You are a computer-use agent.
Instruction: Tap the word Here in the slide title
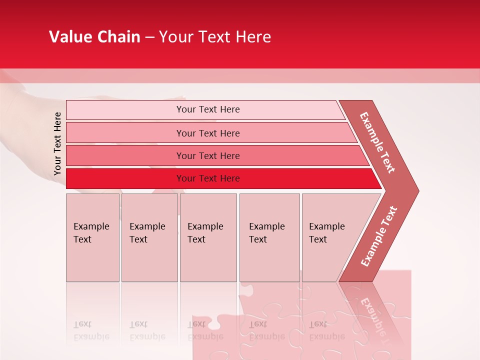253,37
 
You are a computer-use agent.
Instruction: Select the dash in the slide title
149,37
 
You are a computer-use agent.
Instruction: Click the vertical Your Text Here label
57,143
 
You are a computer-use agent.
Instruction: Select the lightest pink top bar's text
208,109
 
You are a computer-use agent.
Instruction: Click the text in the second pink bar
208,133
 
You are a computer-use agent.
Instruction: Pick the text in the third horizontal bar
208,155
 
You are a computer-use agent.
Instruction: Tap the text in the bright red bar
208,178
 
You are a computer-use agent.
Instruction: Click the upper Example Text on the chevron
377,142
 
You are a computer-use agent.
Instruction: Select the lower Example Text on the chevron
378,236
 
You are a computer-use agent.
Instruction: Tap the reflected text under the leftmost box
91,330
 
